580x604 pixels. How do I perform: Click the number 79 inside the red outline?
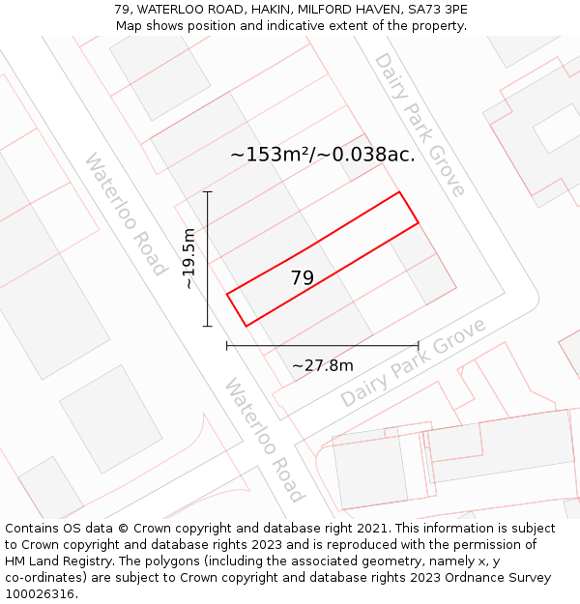coord(302,278)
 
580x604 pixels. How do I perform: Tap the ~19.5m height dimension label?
coord(188,258)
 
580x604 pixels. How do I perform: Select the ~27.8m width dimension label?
coord(322,365)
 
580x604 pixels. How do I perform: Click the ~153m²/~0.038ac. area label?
coord(322,155)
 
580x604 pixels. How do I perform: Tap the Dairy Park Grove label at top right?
coord(420,124)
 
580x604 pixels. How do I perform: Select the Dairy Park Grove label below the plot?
coord(414,363)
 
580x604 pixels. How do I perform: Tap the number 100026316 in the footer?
coord(38,593)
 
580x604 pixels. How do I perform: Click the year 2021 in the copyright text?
coord(369,529)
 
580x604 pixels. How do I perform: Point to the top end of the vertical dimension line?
coord(207,192)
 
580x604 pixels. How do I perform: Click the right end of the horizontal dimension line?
coord(418,345)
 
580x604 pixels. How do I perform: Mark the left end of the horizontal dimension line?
coord(227,345)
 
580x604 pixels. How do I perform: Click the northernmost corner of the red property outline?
coord(399,192)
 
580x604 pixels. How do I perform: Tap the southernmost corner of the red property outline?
coord(246,326)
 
